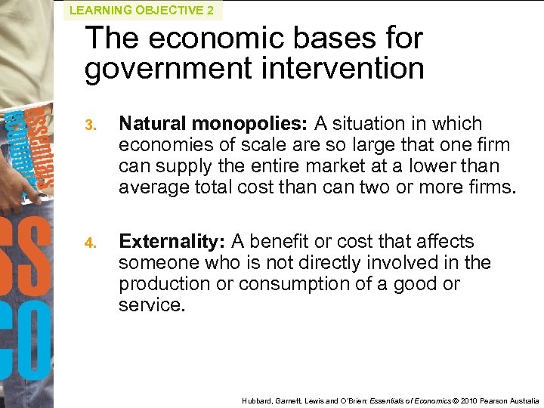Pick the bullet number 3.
tap(90, 125)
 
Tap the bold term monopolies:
tap(247, 124)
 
